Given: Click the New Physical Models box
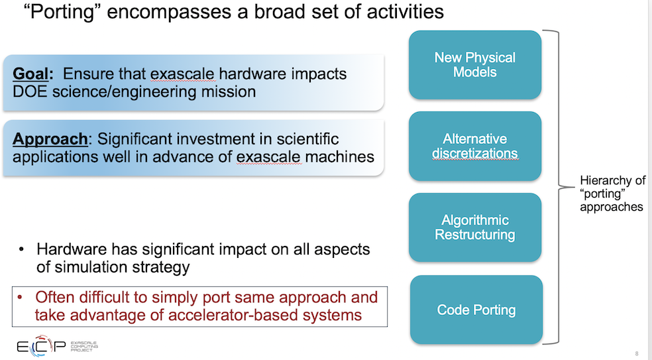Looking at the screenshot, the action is (475, 64).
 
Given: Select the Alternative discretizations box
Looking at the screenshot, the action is (475, 146).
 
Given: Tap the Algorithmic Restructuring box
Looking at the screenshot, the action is (475, 227).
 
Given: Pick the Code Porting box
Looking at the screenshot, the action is (476, 309).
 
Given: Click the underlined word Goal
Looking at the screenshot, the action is (30, 74).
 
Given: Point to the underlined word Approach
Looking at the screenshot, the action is (50, 139).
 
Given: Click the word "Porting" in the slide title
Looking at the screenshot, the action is (63, 12).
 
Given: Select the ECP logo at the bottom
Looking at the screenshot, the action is (58, 346).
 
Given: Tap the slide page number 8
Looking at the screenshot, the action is (637, 353).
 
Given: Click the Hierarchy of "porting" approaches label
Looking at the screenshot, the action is (612, 194).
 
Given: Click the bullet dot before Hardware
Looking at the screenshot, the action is (21, 250).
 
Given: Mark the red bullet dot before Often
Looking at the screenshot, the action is (19, 297).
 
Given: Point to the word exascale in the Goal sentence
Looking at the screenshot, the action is (182, 74).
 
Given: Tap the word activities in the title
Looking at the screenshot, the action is (405, 12).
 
